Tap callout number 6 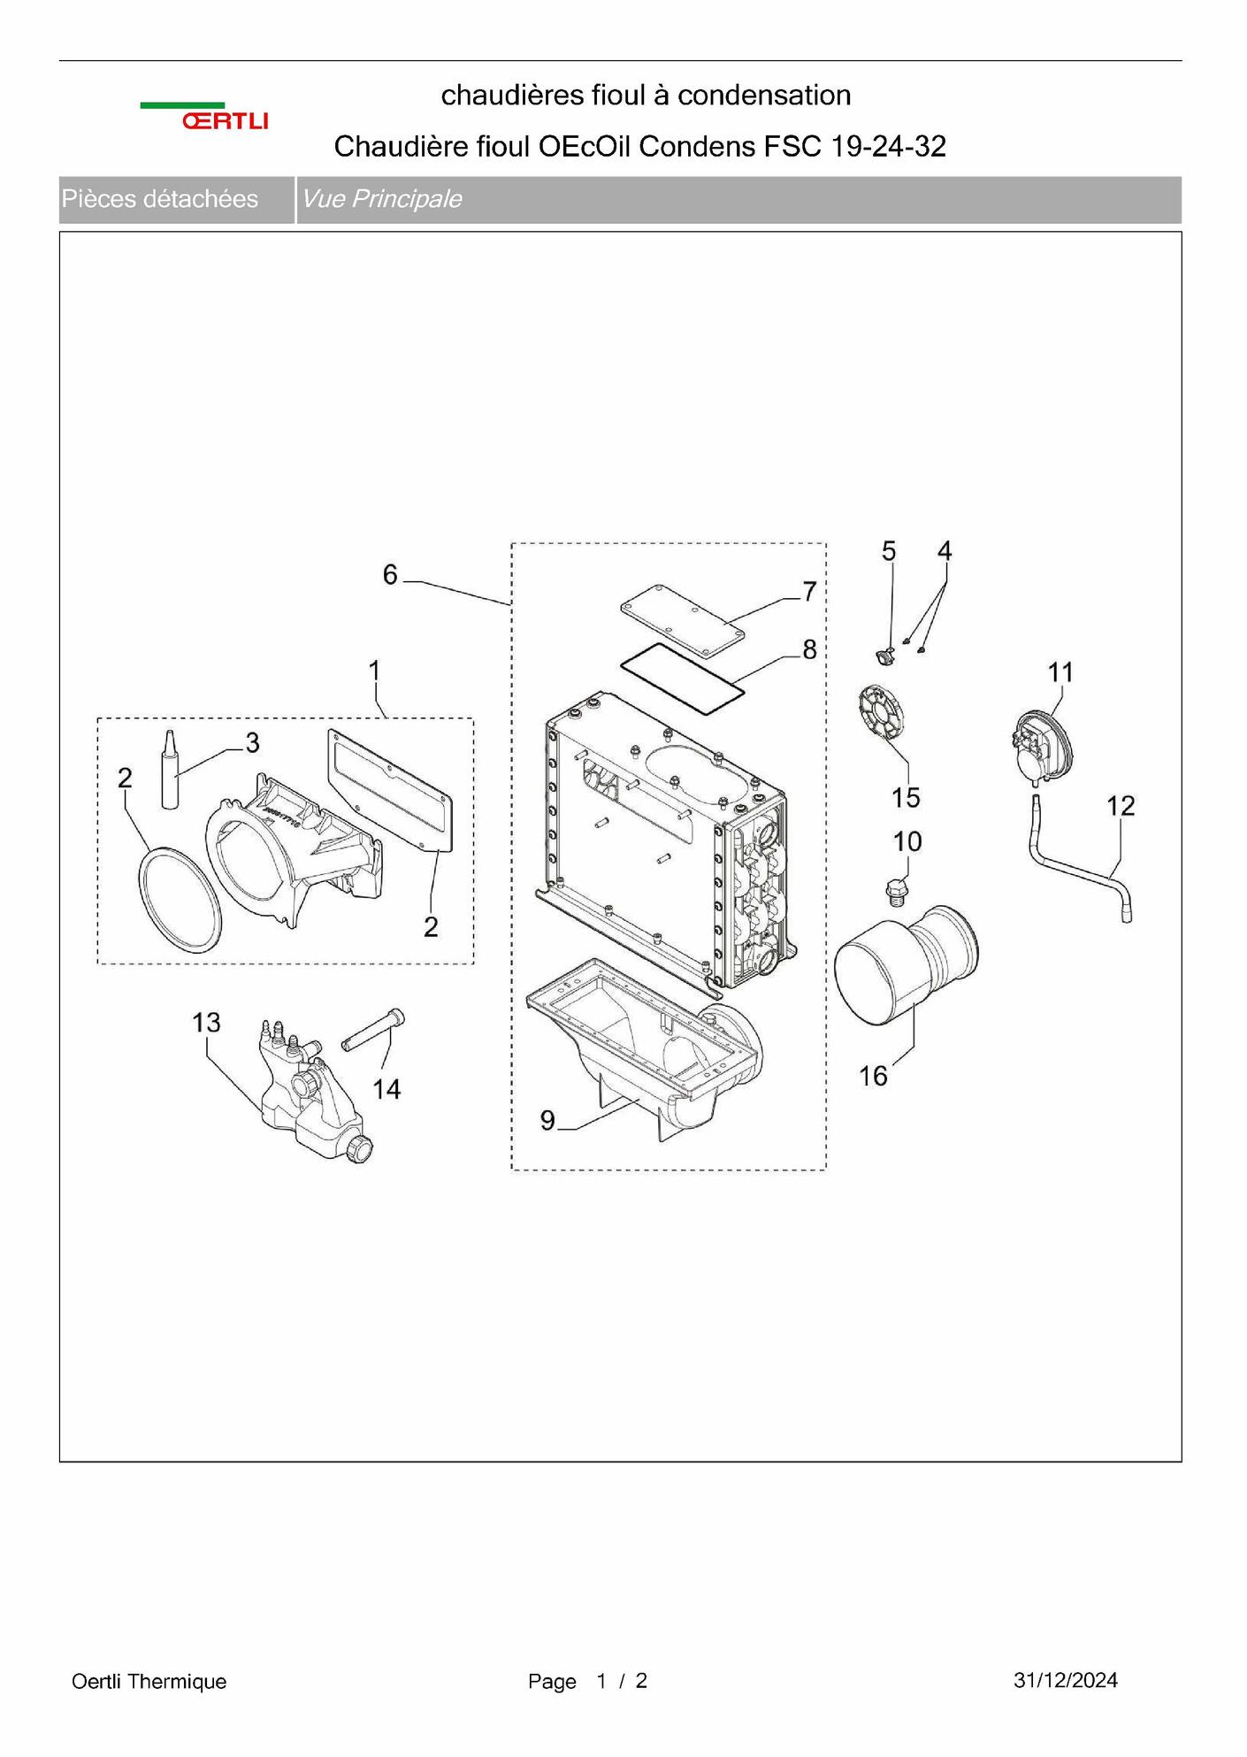point(390,575)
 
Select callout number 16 point(873,1076)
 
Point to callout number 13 point(206,1023)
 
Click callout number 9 point(547,1121)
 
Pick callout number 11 point(1060,672)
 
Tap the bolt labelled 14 point(372,1030)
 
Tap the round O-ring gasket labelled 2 point(180,900)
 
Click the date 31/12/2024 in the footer point(1066,1680)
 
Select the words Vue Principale point(382,199)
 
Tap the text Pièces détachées point(160,199)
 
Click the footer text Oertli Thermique point(149,1681)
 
